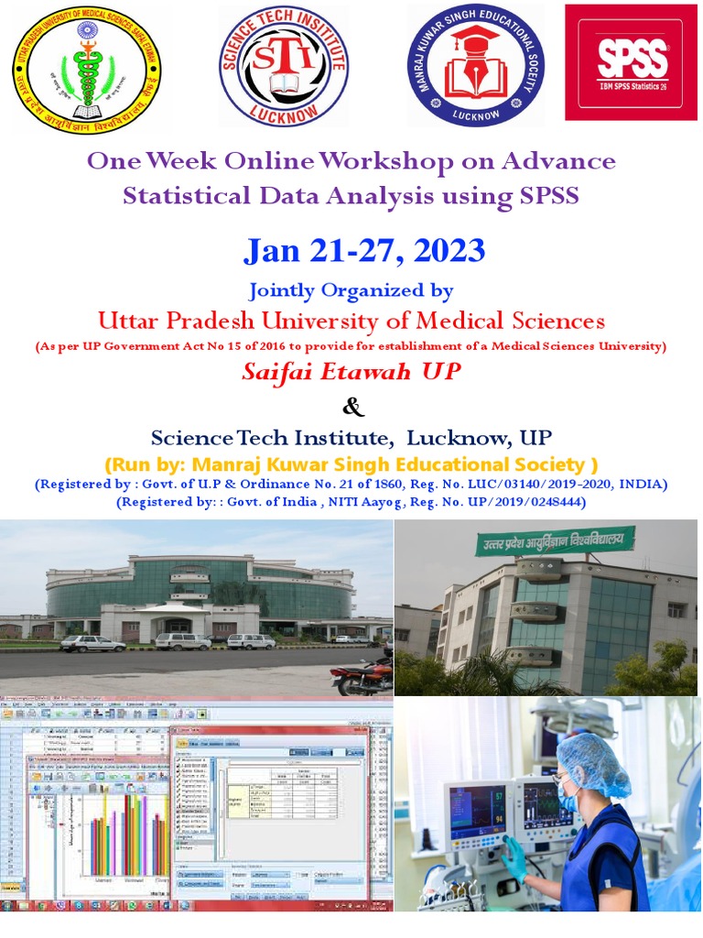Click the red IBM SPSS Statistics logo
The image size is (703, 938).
(632, 62)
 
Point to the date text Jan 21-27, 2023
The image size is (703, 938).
(363, 250)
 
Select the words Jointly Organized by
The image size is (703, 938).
(351, 291)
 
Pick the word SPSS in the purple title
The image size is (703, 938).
(547, 195)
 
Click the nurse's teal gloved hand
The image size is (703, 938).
(514, 856)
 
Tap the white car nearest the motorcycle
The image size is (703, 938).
(251, 641)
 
